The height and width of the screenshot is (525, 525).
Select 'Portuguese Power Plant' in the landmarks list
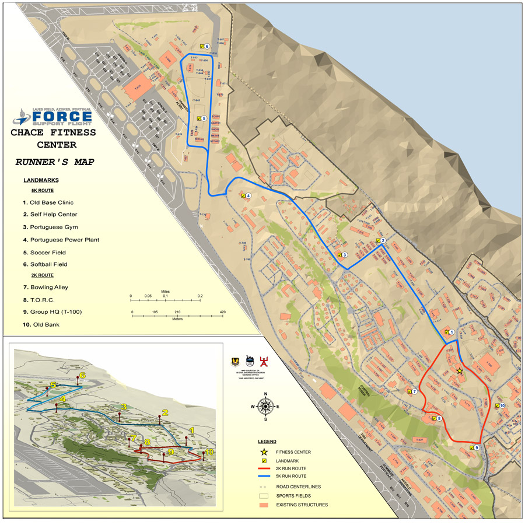point(64,240)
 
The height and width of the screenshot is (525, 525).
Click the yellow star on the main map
point(460,370)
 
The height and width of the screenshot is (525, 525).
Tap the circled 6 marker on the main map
point(207,46)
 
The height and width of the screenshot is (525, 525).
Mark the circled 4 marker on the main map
point(249,196)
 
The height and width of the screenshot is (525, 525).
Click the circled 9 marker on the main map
point(477,447)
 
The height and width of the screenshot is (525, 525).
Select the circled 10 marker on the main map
point(502,405)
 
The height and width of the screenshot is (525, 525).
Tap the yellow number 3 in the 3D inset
point(124,406)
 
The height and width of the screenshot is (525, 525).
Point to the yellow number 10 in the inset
point(209,452)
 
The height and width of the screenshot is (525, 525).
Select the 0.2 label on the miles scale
point(199,296)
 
